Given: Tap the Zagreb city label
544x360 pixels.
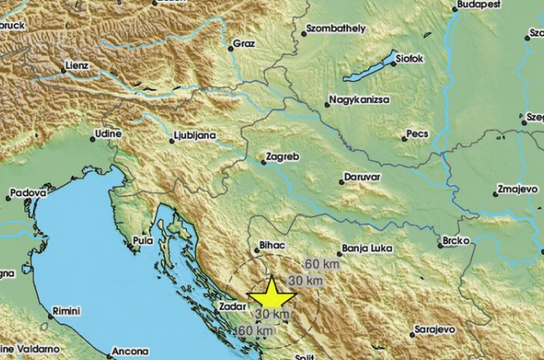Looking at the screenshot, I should (x=282, y=156).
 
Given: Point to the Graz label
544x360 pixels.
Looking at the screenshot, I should (x=244, y=44).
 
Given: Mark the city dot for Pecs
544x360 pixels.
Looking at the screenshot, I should (x=404, y=139).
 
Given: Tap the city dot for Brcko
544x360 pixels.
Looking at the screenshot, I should (x=440, y=246).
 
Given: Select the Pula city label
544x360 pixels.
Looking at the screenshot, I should (x=142, y=240).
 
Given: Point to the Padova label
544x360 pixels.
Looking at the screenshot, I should (x=28, y=193).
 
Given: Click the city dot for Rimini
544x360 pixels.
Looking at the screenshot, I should (x=51, y=316).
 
